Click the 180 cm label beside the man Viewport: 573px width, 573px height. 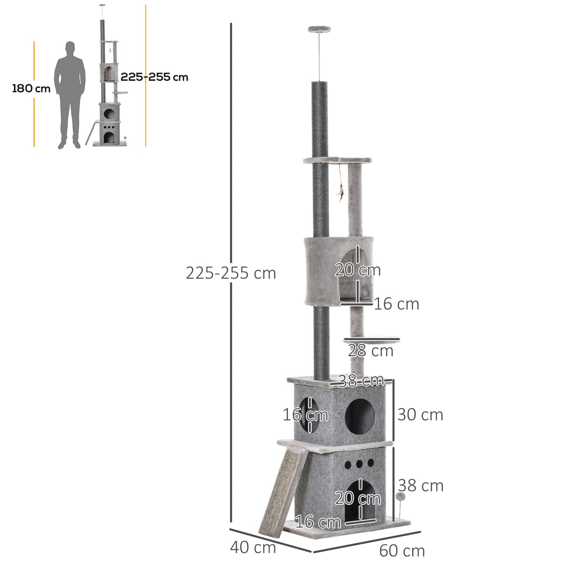(x=31, y=88)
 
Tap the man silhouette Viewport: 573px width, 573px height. (x=70, y=95)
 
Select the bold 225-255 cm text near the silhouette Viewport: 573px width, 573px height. (x=154, y=77)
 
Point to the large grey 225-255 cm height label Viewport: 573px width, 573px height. (x=231, y=273)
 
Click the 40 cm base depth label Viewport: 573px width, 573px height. (x=253, y=548)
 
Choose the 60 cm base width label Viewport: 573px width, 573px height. (x=402, y=551)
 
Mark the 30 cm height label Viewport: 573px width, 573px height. (x=420, y=415)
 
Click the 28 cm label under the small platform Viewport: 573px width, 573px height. (x=371, y=351)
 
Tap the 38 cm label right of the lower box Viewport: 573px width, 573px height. (x=421, y=485)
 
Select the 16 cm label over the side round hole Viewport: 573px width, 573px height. (x=305, y=415)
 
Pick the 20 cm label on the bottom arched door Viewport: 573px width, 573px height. (x=358, y=498)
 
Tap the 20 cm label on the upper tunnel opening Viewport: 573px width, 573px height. (x=358, y=270)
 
